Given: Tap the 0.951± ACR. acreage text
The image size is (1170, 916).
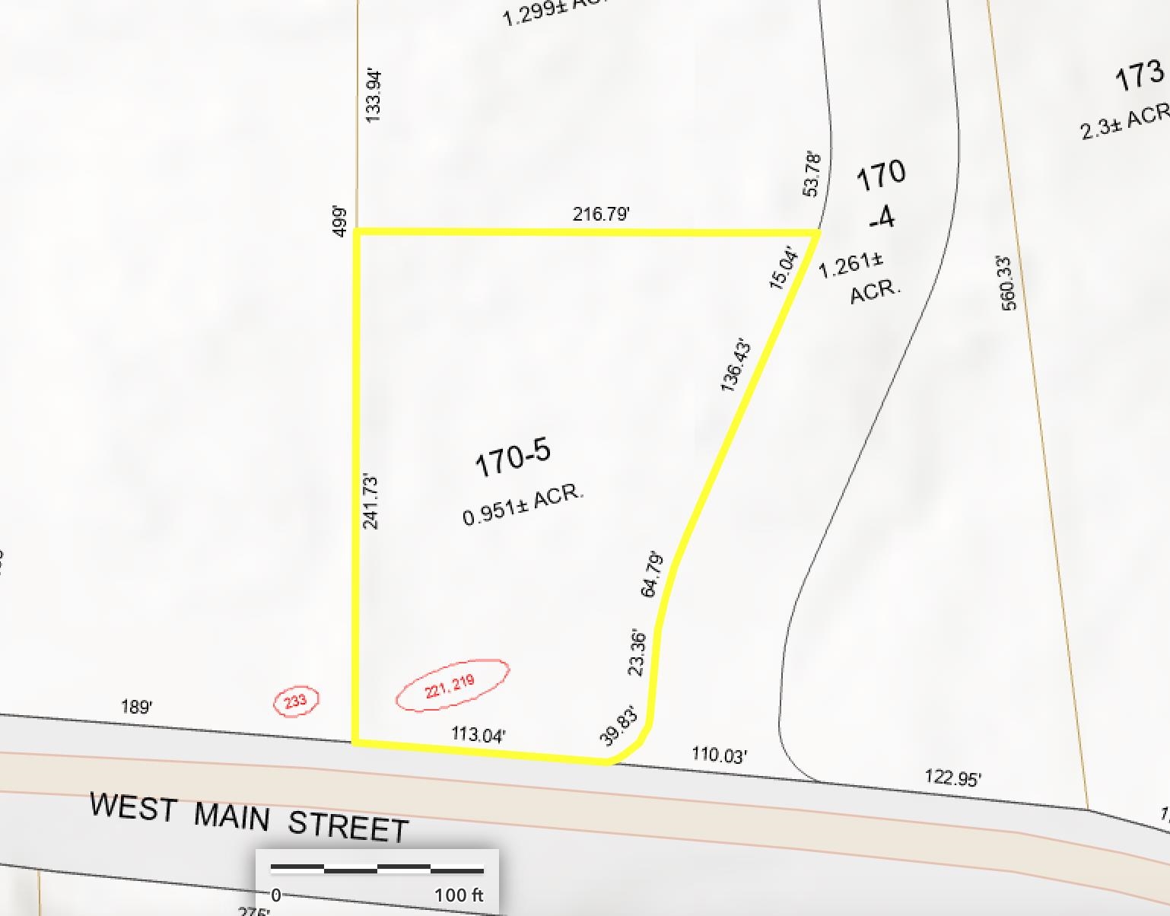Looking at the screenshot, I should (x=523, y=504).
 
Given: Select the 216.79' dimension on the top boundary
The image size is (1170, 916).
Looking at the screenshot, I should (x=601, y=214).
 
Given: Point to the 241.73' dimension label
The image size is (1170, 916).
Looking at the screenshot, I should (x=370, y=501).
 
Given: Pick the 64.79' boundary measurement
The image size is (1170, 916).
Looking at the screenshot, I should (x=653, y=575).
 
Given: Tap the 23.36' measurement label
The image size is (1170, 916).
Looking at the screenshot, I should (x=637, y=653).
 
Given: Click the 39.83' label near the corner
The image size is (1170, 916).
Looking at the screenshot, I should (x=618, y=727).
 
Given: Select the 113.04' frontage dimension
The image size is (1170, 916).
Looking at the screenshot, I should (x=478, y=734).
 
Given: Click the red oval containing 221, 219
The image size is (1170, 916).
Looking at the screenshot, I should (x=452, y=685).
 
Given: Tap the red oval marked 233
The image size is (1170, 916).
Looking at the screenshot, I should (x=296, y=701).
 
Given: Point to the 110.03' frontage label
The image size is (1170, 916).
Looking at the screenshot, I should (x=719, y=755).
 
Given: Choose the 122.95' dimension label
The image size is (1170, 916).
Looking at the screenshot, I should (x=952, y=778).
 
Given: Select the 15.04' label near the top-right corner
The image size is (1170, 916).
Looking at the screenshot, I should (x=784, y=268).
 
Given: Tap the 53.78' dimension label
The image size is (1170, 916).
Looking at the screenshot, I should (x=812, y=174).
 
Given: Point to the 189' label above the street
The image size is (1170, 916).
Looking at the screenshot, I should (x=137, y=707).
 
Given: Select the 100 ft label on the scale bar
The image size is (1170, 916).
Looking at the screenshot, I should (x=459, y=895).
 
